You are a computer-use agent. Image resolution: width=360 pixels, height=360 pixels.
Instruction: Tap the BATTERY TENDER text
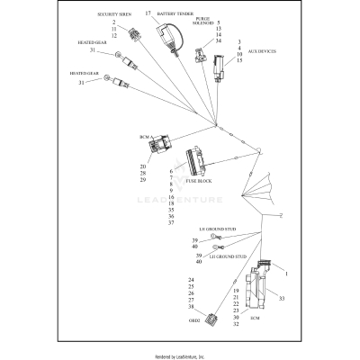pos(175,14)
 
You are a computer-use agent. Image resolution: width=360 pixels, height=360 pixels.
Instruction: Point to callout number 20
pos(142,166)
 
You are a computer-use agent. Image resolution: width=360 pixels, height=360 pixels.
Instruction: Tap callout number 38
pos(191,307)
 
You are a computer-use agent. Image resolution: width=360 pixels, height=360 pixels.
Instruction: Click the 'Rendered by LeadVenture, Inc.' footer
pos(180,356)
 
